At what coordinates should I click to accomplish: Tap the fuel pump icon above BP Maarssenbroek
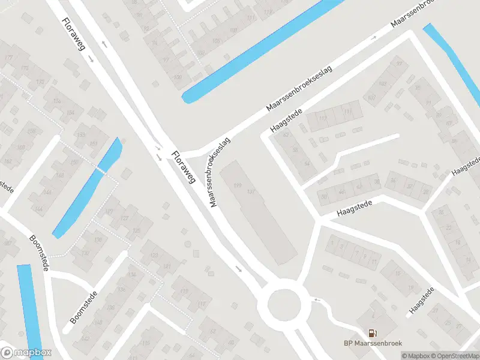click(373, 332)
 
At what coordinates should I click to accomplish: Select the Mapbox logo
click(26, 353)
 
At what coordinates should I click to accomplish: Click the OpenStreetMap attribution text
click(454, 356)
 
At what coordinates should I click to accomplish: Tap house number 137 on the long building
click(251, 191)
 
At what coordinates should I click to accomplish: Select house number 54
click(307, 163)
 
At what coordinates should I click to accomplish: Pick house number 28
click(426, 192)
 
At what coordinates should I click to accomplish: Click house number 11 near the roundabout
click(374, 262)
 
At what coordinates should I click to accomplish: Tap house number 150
click(75, 162)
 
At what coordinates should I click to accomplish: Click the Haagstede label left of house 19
click(422, 301)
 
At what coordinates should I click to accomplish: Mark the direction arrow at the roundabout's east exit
click(317, 299)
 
